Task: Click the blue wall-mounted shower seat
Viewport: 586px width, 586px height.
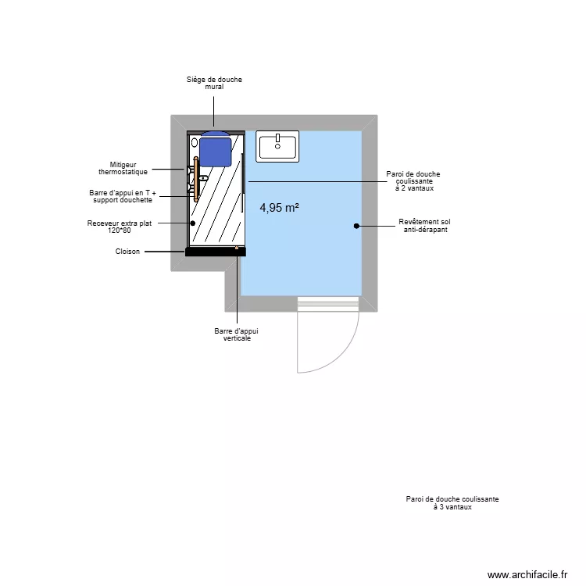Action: click(x=215, y=148)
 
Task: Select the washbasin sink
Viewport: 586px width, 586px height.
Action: click(x=277, y=146)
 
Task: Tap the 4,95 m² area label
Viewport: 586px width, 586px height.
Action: click(x=280, y=208)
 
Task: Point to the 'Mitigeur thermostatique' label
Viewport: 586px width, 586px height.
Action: click(x=123, y=168)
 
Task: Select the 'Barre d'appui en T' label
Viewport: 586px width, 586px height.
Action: click(x=121, y=196)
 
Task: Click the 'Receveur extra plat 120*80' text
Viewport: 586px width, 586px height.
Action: click(x=119, y=227)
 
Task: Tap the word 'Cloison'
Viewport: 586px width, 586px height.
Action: click(x=127, y=252)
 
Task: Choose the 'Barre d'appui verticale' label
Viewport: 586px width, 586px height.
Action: click(x=236, y=334)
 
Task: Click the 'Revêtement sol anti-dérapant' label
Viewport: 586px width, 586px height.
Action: click(x=424, y=226)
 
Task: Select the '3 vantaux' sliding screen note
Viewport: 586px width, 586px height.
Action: click(x=452, y=502)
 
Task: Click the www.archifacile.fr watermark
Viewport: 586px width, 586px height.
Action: click(x=527, y=574)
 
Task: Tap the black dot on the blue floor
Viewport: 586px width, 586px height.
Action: click(x=356, y=226)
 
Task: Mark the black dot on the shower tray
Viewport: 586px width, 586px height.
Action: click(x=192, y=223)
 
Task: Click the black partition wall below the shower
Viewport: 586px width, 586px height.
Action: click(x=216, y=252)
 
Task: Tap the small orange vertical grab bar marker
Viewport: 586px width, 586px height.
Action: click(x=237, y=247)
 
